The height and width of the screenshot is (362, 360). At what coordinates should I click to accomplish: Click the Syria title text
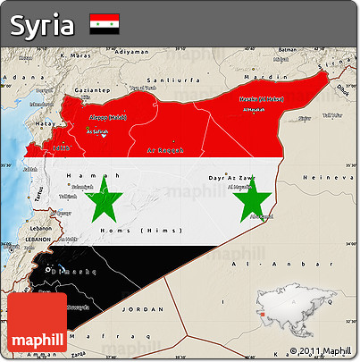[x=43, y=25]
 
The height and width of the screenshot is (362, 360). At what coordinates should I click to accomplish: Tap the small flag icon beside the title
[x=105, y=24]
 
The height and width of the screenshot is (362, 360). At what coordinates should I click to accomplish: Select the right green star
[x=252, y=200]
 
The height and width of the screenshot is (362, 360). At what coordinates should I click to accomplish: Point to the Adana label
[x=13, y=78]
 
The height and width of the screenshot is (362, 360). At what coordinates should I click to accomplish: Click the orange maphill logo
[x=38, y=323]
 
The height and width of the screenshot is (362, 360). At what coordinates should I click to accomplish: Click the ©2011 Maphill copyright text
[x=320, y=350]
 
